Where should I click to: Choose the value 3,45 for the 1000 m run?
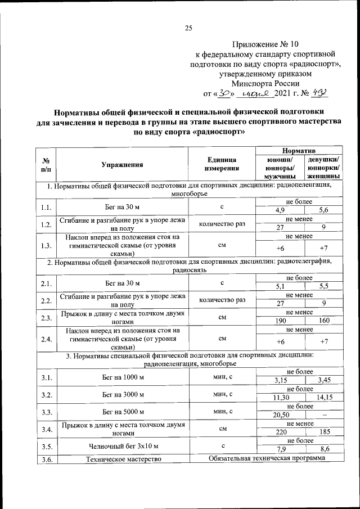click(324, 381)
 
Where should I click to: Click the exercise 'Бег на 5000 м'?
click(122, 412)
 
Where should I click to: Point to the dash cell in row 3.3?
click(324, 416)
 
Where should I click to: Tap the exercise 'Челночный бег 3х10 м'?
click(122, 447)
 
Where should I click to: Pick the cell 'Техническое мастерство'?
click(122, 460)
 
